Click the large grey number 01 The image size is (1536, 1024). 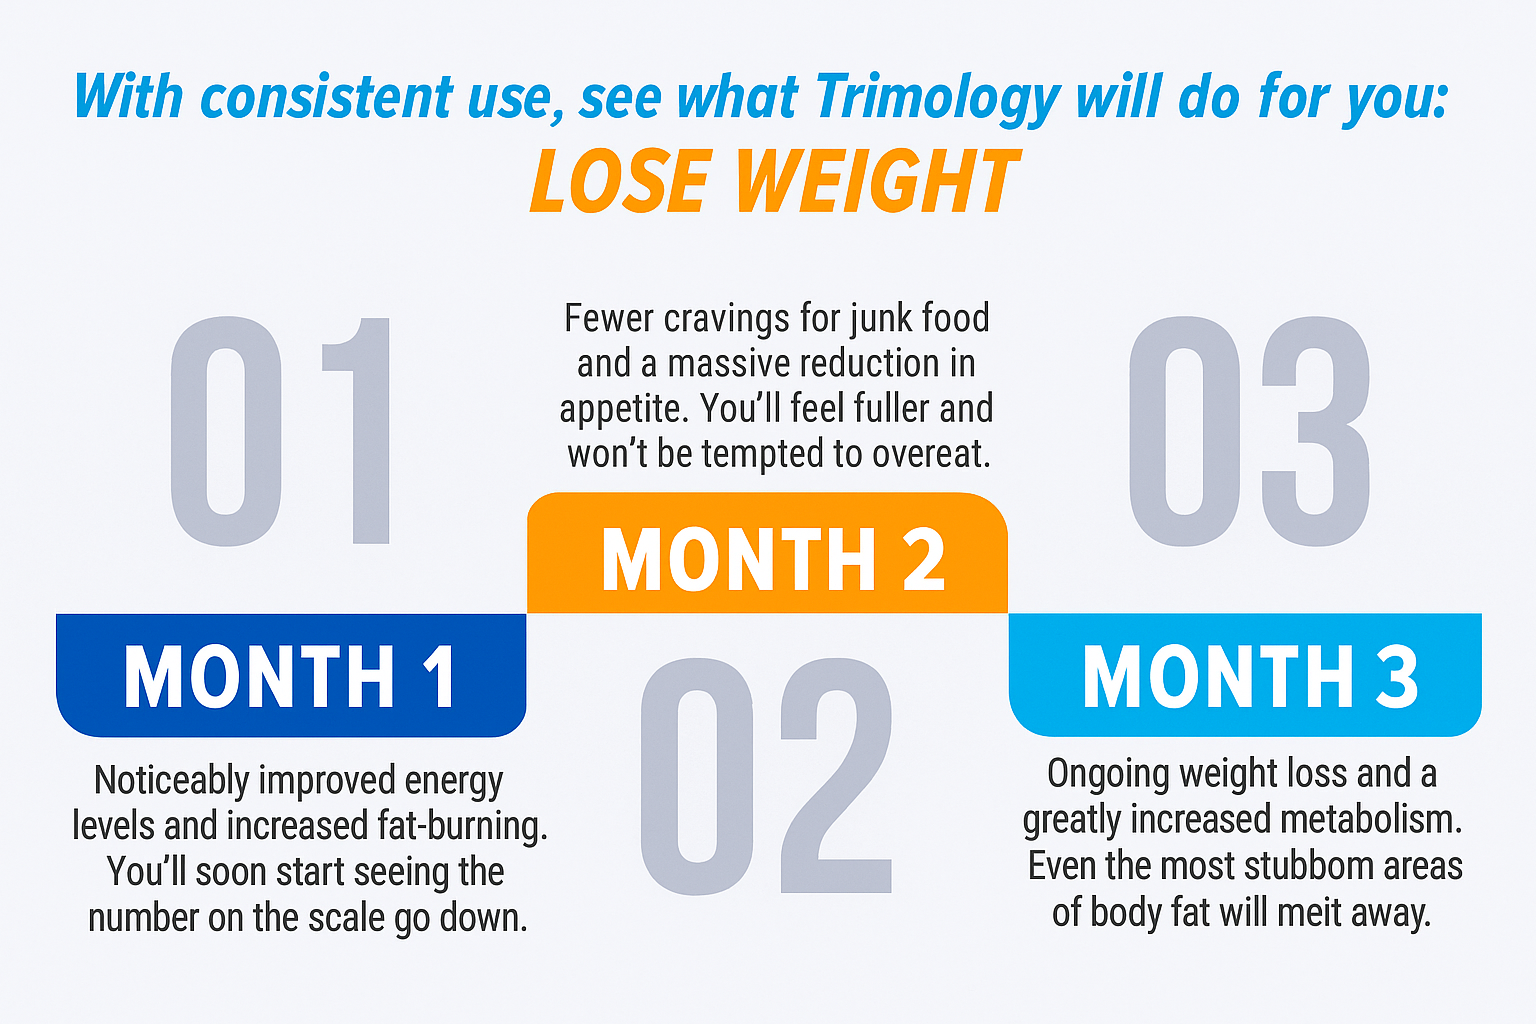tap(280, 431)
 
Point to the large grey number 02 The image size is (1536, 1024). tap(767, 776)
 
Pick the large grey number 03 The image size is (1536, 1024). tap(1249, 431)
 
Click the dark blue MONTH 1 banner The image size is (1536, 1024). tap(291, 675)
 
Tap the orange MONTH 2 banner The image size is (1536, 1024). tap(767, 553)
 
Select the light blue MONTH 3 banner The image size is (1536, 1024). tap(1245, 675)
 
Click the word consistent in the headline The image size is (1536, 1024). tap(327, 98)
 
